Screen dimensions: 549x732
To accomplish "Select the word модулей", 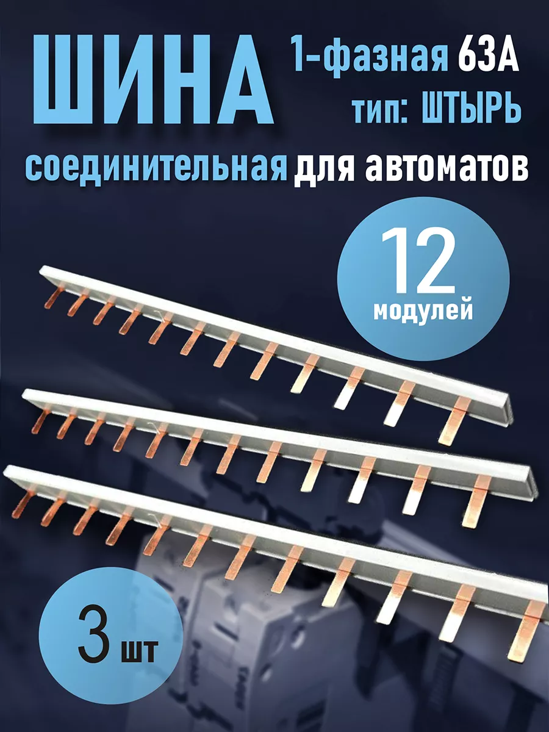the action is pos(423,310).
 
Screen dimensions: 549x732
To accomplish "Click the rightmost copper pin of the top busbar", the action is pos(454,420).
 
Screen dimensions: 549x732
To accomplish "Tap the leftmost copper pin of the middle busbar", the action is pos(38,422).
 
